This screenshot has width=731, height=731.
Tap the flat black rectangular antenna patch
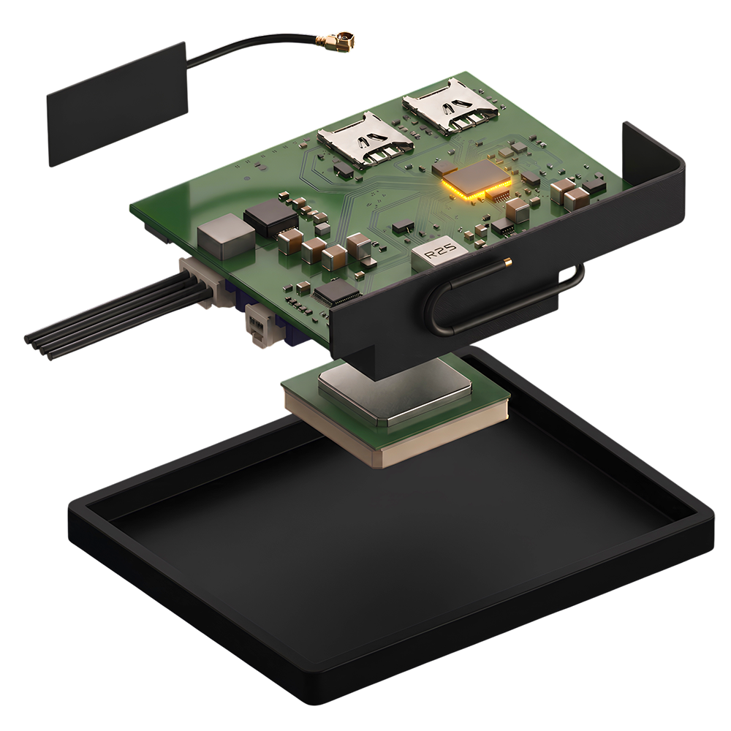(x=118, y=105)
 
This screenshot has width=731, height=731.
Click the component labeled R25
(x=439, y=253)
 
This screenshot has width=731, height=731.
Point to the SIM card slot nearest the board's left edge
(x=365, y=140)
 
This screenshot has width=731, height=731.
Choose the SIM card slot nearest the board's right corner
(x=450, y=106)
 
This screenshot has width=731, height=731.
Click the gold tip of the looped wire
(x=508, y=262)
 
